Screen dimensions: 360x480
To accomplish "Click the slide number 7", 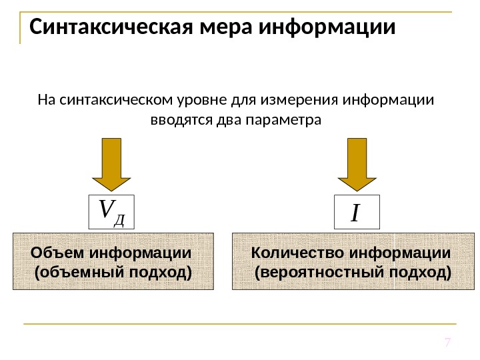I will [448, 343].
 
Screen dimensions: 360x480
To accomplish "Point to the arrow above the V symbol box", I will [111, 164].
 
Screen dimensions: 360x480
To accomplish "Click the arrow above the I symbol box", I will [358, 164].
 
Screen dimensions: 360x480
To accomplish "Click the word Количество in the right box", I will [290, 253].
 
